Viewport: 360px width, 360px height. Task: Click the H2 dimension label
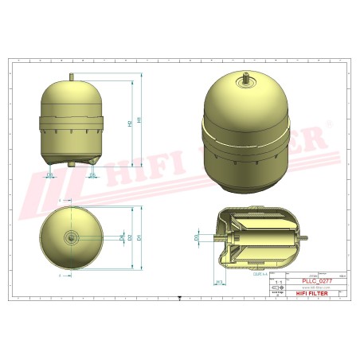click(x=130, y=124)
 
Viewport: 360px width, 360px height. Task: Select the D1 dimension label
click(x=140, y=237)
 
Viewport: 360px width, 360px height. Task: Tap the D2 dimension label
click(x=131, y=237)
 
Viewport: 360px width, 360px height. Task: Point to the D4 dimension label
click(x=121, y=237)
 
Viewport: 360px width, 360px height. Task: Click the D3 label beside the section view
click(x=197, y=237)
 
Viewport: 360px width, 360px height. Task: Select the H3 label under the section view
click(x=218, y=282)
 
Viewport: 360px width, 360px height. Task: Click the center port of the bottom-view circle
click(x=72, y=237)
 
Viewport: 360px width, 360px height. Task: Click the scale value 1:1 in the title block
click(x=278, y=282)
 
